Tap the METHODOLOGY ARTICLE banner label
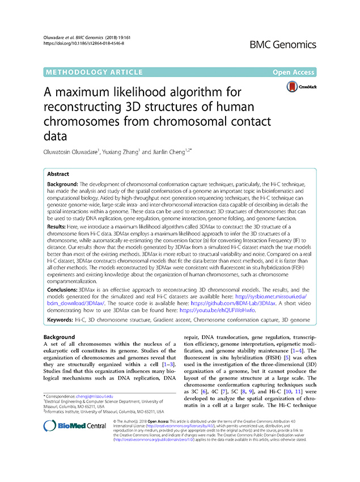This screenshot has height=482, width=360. pos(87,72)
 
